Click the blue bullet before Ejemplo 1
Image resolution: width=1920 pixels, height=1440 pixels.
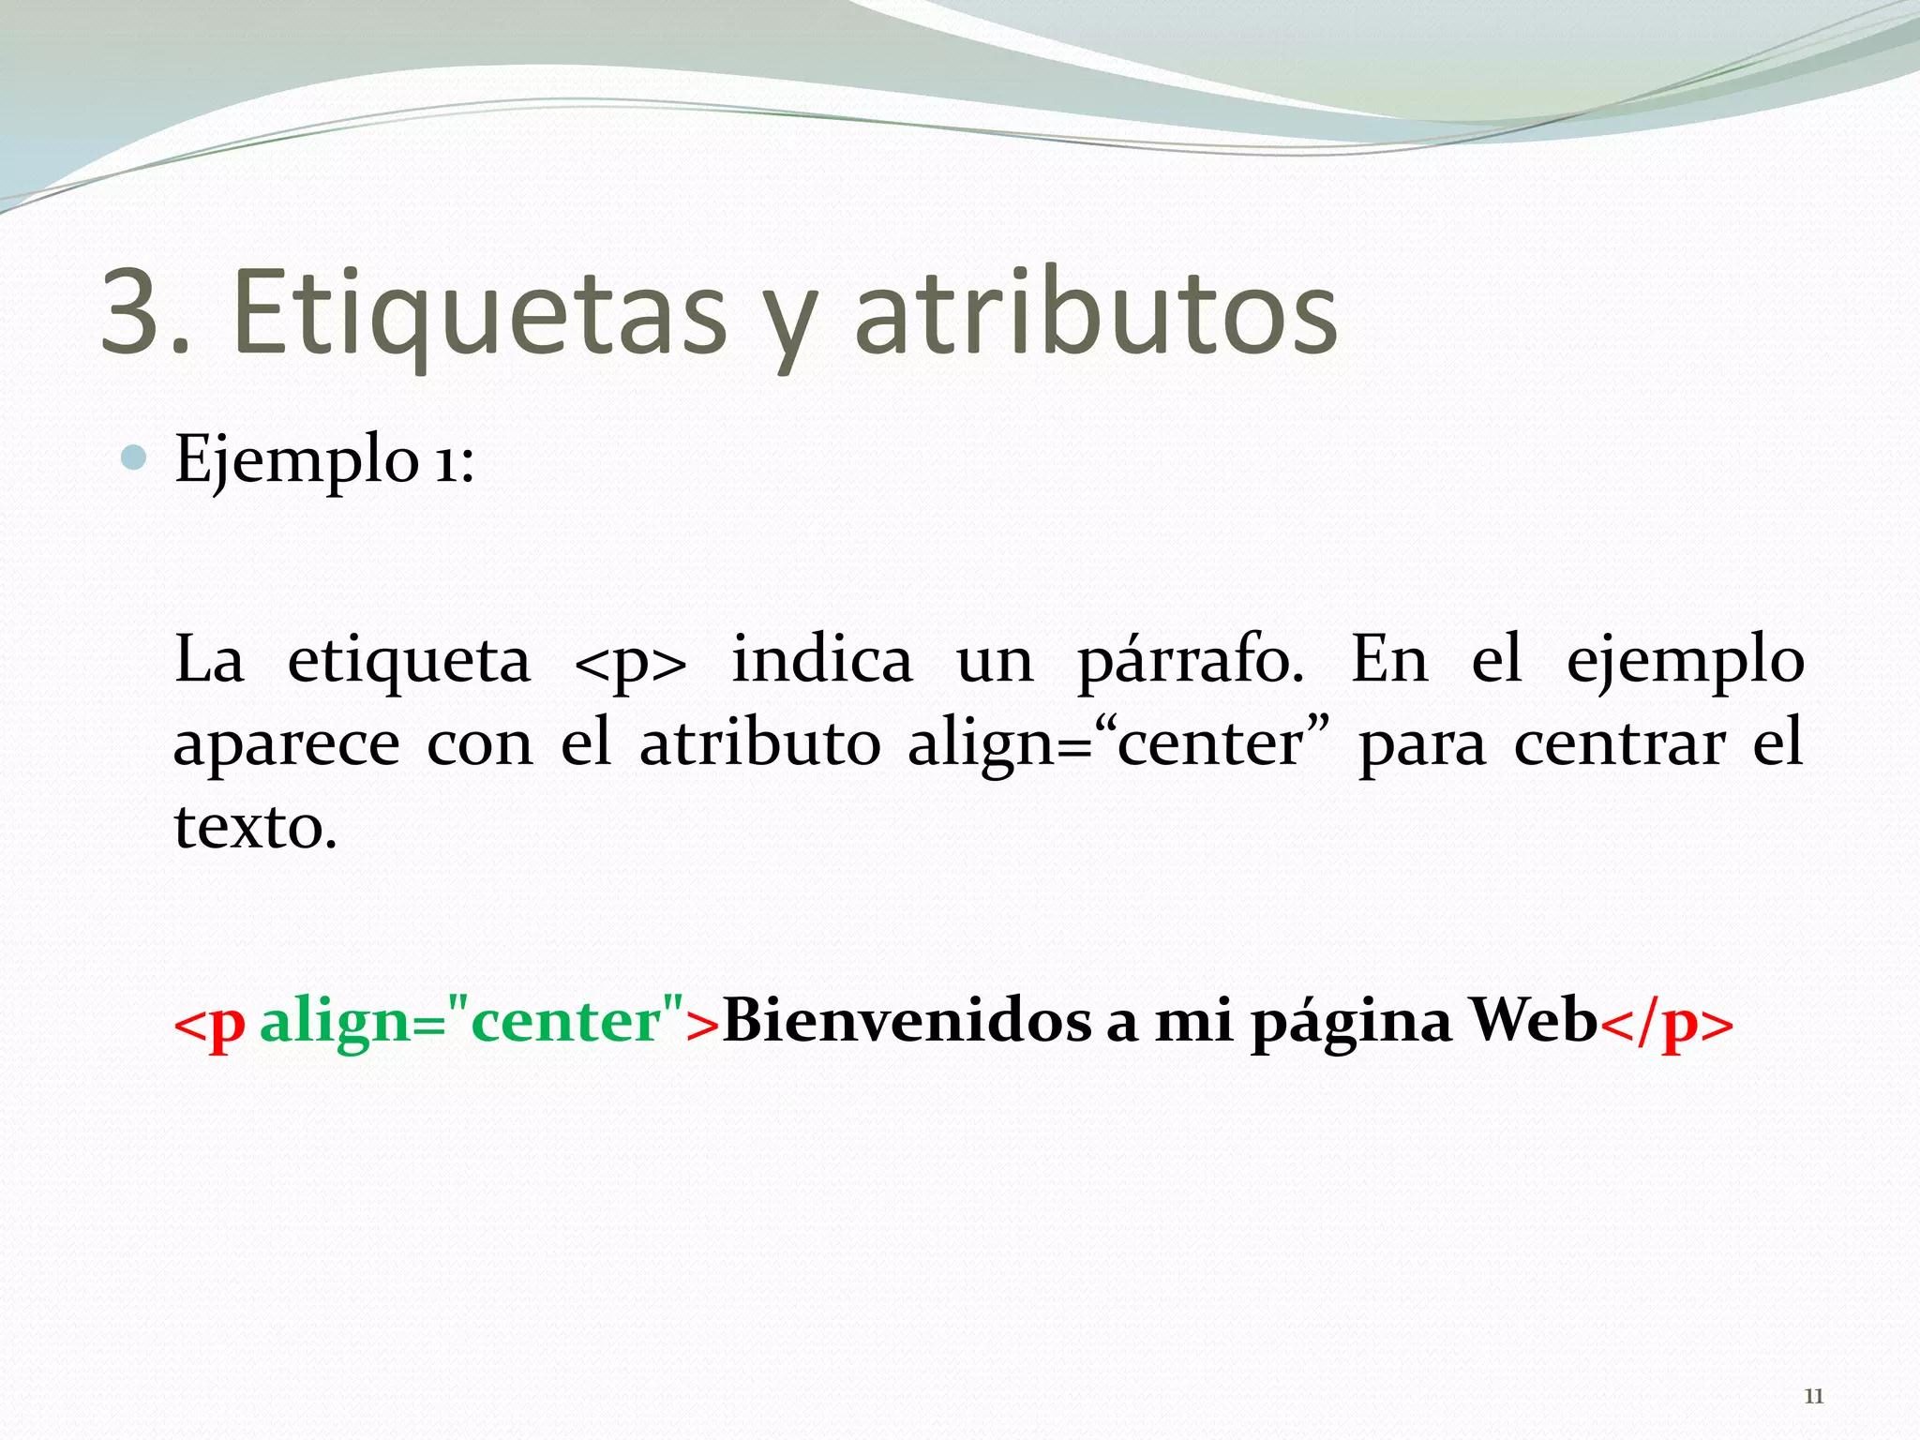point(135,458)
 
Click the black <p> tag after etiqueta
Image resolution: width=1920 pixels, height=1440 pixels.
point(630,662)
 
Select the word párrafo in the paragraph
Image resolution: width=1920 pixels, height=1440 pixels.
point(1190,660)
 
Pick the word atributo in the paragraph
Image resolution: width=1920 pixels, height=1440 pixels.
point(760,743)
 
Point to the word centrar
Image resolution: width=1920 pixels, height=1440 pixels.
point(1619,743)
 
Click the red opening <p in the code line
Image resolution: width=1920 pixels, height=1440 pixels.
point(210,1022)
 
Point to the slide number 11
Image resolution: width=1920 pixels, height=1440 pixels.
point(1814,1396)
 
